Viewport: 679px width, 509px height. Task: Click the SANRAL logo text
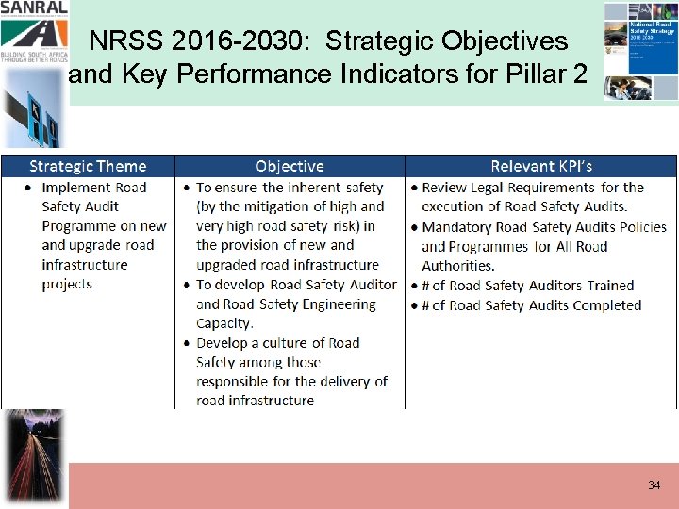tap(33, 8)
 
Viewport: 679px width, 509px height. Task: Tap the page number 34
tap(654, 485)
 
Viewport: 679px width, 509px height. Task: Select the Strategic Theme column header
tap(88, 167)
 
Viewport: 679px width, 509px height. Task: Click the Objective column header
tap(290, 167)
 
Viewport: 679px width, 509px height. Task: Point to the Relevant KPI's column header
tap(541, 167)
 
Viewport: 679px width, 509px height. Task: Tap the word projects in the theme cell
tap(67, 285)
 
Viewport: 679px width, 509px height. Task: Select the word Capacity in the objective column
tap(224, 323)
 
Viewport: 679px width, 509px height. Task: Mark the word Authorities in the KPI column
tap(458, 266)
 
